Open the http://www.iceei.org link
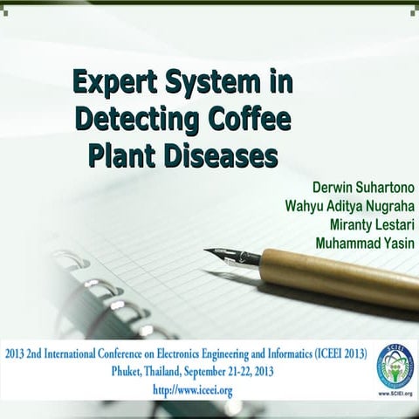coord(192,390)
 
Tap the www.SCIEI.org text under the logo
coord(395,394)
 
